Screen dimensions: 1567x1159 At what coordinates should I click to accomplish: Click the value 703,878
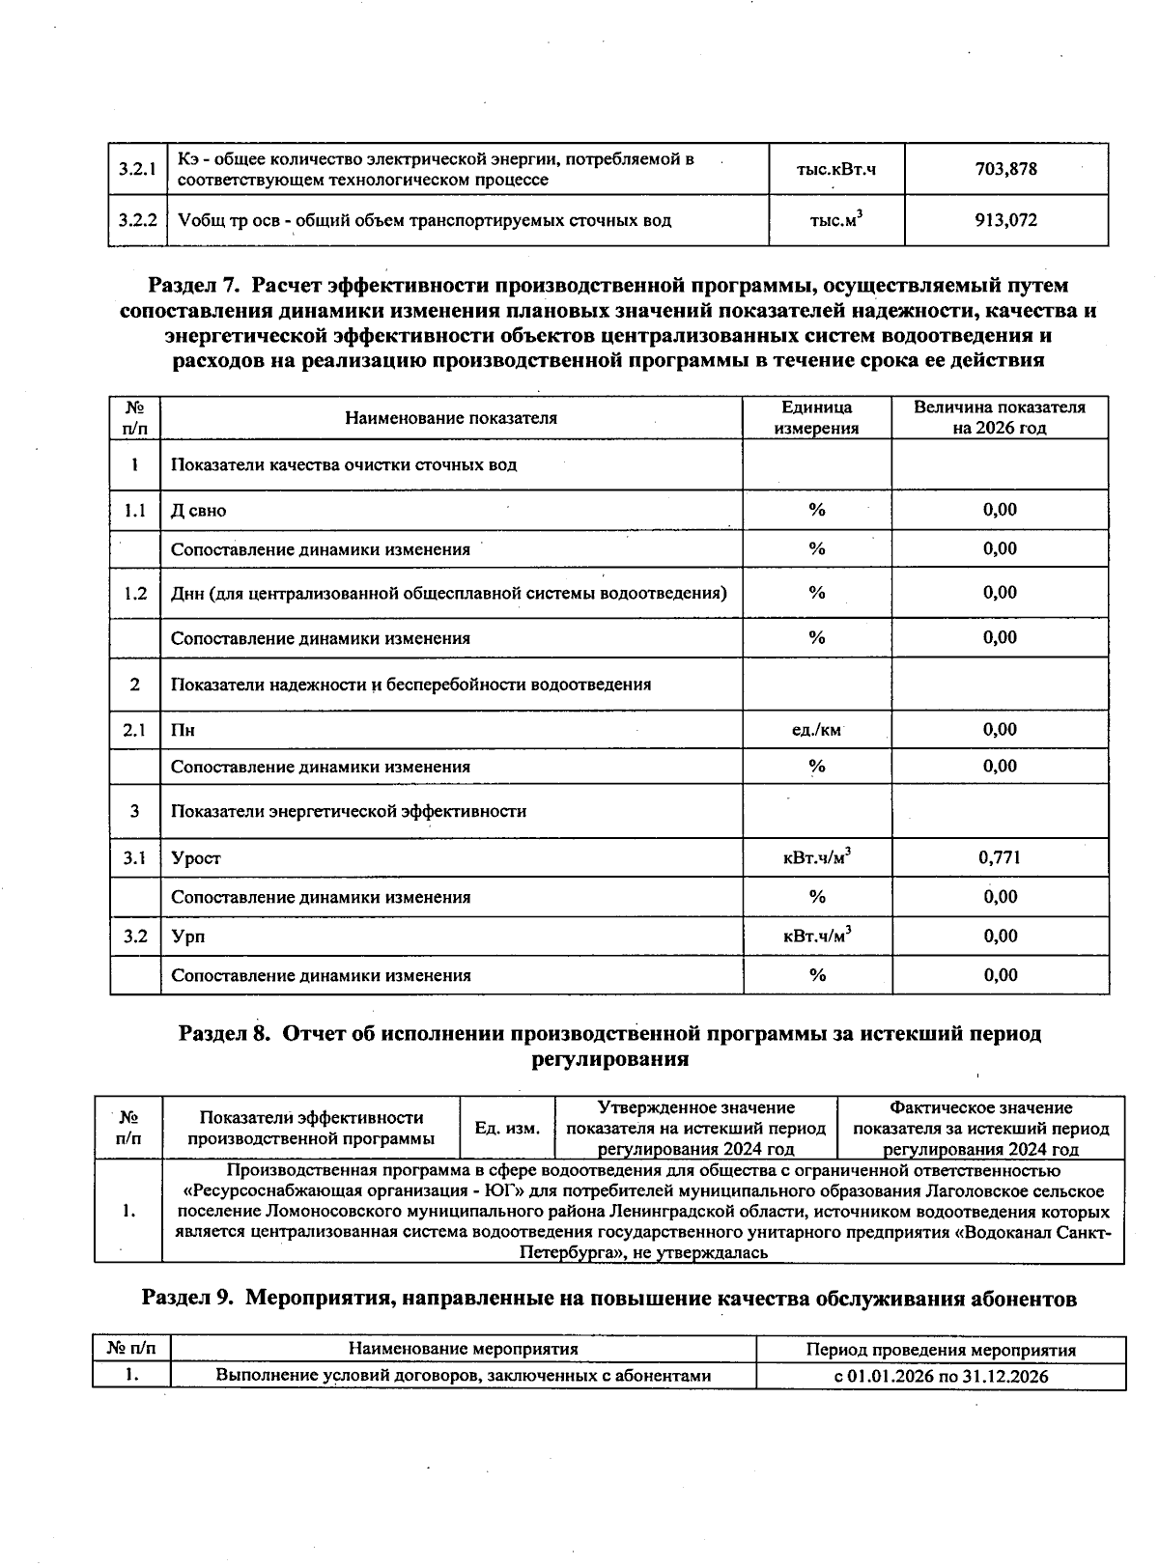1005,169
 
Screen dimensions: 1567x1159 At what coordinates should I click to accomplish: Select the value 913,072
1005,220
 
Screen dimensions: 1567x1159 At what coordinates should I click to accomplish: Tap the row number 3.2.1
137,169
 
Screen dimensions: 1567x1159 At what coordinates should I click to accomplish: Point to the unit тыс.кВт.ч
835,169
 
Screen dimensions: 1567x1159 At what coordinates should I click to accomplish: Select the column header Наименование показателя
451,418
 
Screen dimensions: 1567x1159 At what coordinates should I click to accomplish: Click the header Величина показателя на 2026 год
999,417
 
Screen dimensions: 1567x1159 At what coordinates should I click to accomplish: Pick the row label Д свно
198,511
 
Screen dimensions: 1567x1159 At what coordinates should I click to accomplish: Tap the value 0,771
1000,857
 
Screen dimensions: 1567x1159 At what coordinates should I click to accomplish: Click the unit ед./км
816,730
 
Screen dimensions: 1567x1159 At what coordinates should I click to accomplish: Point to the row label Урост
196,858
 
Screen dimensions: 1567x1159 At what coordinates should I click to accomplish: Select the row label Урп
187,937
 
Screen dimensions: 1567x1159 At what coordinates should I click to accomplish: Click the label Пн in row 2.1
183,731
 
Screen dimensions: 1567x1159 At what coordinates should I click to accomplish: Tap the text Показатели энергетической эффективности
349,812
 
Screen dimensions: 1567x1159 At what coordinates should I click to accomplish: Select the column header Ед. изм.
507,1128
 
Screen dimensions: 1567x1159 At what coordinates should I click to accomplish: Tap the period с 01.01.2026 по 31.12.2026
941,1376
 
